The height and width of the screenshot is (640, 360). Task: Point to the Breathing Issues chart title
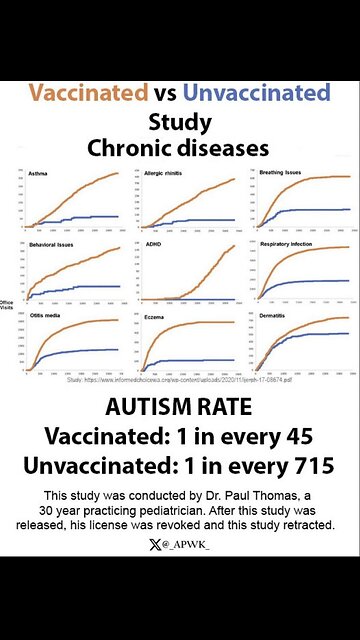pos(284,172)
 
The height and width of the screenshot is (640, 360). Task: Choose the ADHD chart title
pos(156,244)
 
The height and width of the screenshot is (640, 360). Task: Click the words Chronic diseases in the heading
pos(180,149)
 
